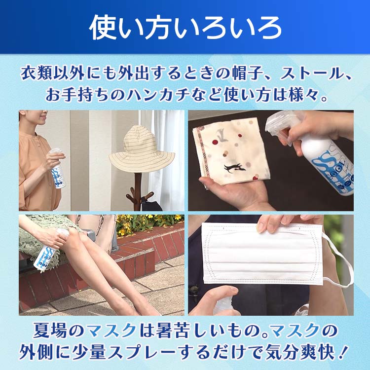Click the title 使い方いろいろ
(x=185, y=28)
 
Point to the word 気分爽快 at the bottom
(x=310, y=352)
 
